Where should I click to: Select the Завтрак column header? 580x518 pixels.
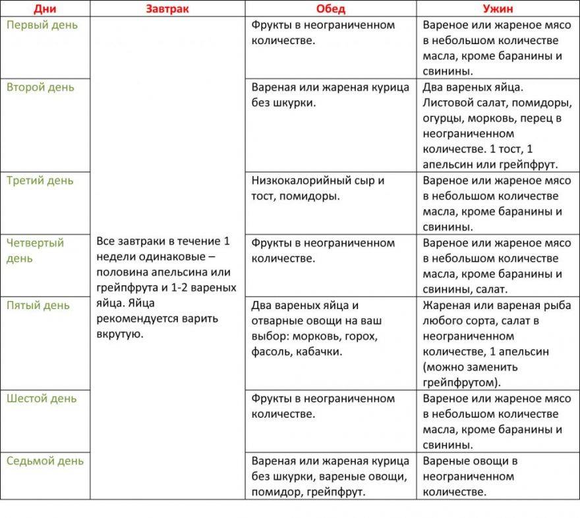(x=167, y=9)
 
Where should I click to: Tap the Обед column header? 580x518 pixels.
(x=330, y=9)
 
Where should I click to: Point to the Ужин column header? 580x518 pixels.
(x=498, y=9)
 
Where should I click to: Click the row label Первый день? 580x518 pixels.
(x=42, y=25)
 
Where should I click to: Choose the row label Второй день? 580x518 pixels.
(x=40, y=88)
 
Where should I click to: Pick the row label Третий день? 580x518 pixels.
(x=40, y=181)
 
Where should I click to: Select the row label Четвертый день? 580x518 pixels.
(x=36, y=250)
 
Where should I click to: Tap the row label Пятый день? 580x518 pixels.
(x=38, y=305)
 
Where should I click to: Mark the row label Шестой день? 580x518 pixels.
(x=42, y=398)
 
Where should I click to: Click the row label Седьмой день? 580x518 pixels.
(x=45, y=461)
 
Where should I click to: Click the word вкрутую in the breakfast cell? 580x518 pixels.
(x=119, y=334)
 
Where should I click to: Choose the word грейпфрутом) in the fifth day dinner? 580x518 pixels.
(x=461, y=382)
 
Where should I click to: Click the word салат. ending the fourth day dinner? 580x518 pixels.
(x=490, y=289)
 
